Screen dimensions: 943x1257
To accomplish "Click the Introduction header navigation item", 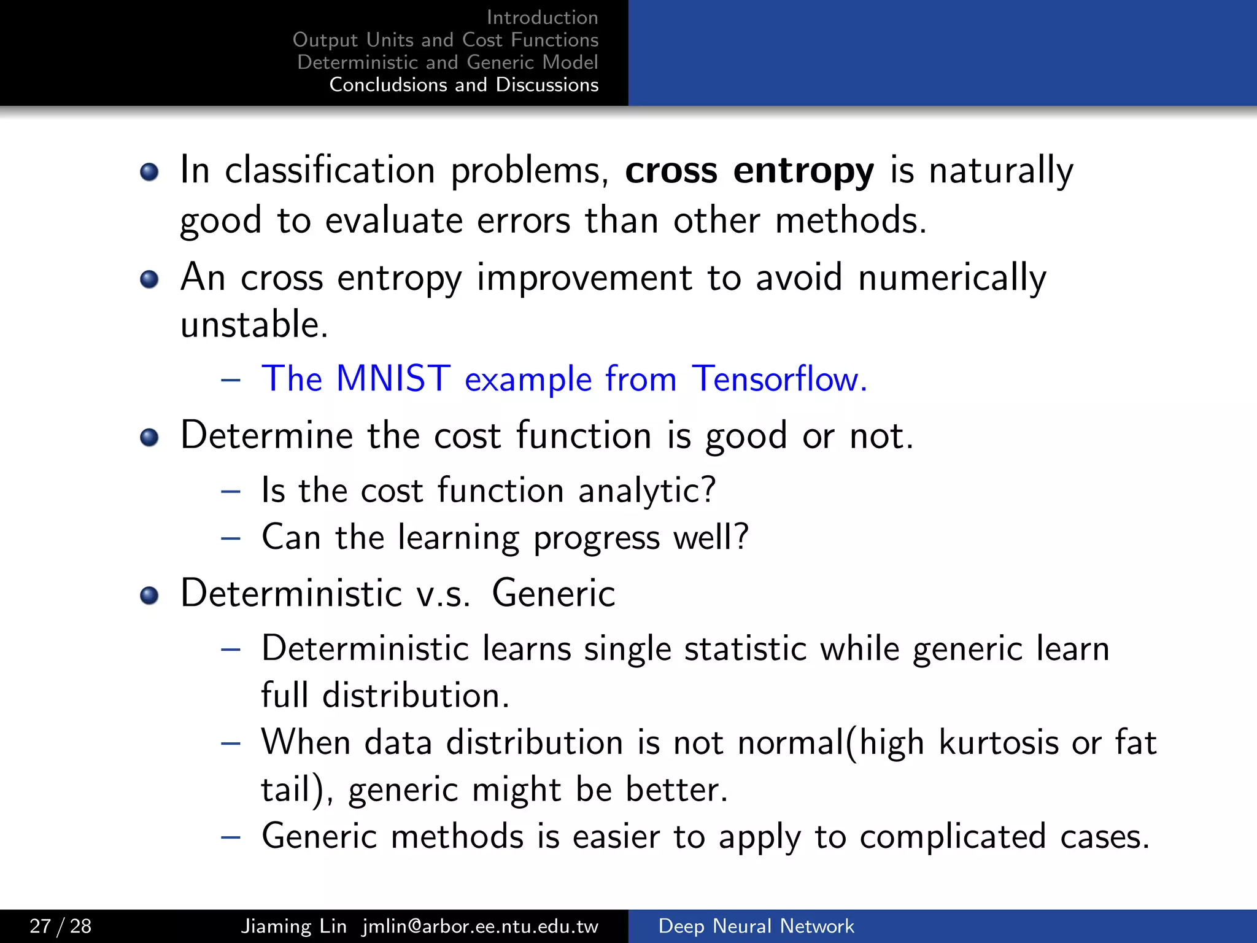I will [x=542, y=17].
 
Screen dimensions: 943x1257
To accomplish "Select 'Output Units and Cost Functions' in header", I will [x=446, y=40].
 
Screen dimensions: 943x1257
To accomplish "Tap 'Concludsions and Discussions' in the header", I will [x=464, y=85].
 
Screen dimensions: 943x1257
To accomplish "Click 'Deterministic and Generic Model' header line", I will [x=447, y=62].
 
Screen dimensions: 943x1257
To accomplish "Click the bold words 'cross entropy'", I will [x=749, y=171].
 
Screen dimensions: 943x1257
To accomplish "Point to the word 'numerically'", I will [x=952, y=277].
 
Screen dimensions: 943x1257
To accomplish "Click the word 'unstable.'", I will [x=254, y=324].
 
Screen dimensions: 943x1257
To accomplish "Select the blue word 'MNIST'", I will [x=393, y=378].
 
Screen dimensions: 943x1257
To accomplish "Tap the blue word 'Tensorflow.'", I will [x=779, y=378].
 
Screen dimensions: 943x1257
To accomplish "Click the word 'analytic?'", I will [x=647, y=491].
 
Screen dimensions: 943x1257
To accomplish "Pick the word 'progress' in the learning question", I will [x=596, y=538].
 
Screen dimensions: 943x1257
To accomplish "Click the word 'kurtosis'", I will [x=999, y=743].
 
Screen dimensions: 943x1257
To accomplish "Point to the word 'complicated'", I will [x=953, y=837].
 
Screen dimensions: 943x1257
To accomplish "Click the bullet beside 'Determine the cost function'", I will [x=149, y=438].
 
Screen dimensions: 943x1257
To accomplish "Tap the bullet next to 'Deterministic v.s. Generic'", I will [x=149, y=595].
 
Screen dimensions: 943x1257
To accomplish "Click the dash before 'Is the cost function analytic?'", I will [x=231, y=491].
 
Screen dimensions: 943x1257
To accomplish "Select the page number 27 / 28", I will [x=60, y=926].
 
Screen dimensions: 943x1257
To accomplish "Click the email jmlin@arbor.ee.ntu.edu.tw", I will [x=480, y=926].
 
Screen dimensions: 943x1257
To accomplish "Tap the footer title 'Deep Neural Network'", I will [x=756, y=926].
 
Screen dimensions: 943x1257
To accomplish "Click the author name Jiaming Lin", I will [x=293, y=926].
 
